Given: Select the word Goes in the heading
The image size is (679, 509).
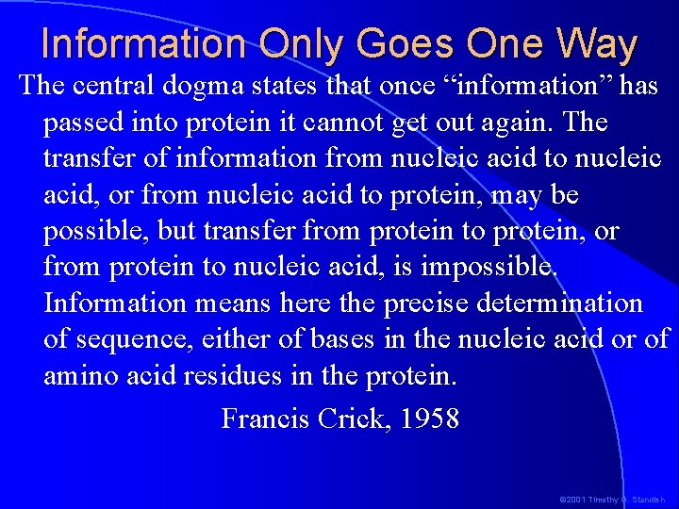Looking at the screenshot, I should coord(397,44).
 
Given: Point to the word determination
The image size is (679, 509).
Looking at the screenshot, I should coord(564,304).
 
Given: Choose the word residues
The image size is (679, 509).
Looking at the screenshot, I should coord(232,376).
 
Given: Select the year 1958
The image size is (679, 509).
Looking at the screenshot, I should coord(429,418).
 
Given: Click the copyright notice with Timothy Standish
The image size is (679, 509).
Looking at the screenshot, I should coord(612,498).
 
